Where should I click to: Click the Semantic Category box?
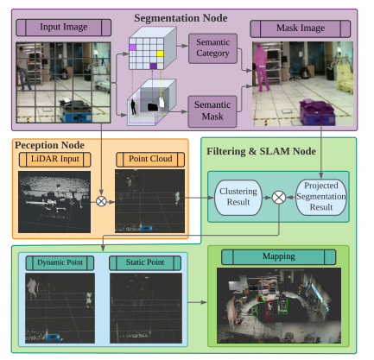[212, 48]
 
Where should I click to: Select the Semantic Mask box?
[212, 111]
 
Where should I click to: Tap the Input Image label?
[64, 28]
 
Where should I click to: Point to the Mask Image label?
[301, 28]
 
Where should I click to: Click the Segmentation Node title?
[181, 18]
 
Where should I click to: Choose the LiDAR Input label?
[55, 160]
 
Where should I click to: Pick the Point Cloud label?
[150, 160]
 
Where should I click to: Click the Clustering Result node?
[238, 198]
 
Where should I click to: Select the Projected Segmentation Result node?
[321, 197]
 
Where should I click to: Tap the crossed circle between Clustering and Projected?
[279, 198]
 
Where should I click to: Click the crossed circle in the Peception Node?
[101, 201]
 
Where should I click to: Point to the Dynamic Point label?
[60, 262]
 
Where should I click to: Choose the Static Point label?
[145, 262]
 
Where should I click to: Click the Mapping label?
[279, 256]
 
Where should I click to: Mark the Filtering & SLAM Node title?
[261, 151]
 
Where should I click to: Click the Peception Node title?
[49, 145]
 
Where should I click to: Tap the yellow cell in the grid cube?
[160, 54]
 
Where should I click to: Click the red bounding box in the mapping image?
[269, 309]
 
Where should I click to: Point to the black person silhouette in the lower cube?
[133, 107]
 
